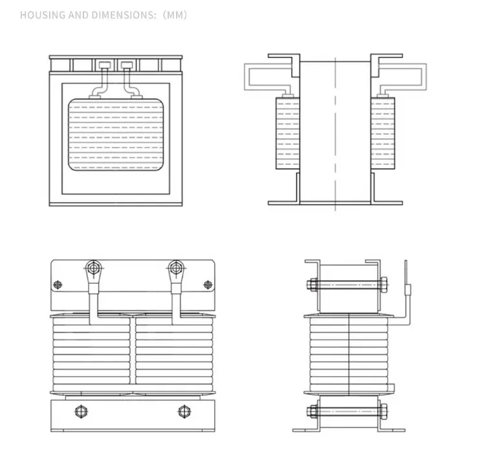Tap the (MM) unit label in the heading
(x=173, y=15)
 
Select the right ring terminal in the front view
(x=175, y=267)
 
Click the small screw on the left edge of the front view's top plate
(x=58, y=284)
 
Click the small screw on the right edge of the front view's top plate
(x=208, y=284)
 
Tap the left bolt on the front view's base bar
(x=81, y=411)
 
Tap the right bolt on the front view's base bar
(x=184, y=411)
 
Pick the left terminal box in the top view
(x=103, y=65)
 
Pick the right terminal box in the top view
(x=127, y=65)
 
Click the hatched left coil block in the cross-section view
(x=287, y=133)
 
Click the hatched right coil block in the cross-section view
(x=383, y=133)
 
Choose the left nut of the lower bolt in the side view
(x=313, y=411)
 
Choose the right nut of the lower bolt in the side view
(x=383, y=411)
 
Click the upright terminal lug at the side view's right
(x=406, y=285)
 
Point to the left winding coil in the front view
(x=92, y=353)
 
